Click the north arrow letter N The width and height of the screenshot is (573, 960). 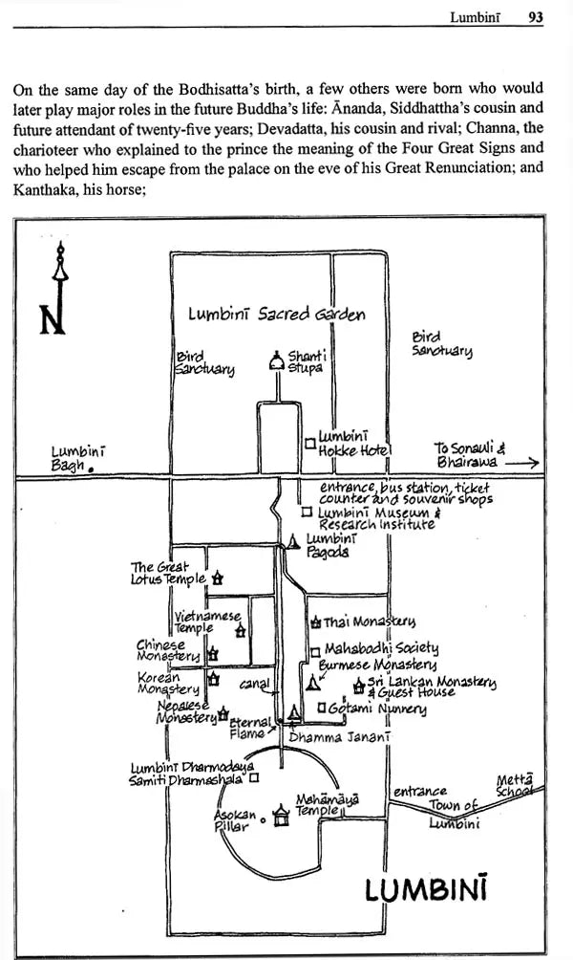click(x=53, y=316)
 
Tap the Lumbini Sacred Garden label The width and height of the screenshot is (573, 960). click(x=277, y=314)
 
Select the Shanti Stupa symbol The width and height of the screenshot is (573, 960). click(x=276, y=362)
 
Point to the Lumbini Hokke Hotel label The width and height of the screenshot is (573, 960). click(x=354, y=444)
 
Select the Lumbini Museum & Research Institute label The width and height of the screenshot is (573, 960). click(x=370, y=517)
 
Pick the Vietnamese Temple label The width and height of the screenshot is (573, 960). click(x=205, y=622)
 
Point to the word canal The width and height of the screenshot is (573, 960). click(x=254, y=684)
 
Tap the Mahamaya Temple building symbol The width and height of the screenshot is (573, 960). click(x=281, y=817)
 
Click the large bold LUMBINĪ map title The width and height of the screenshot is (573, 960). click(x=427, y=891)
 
